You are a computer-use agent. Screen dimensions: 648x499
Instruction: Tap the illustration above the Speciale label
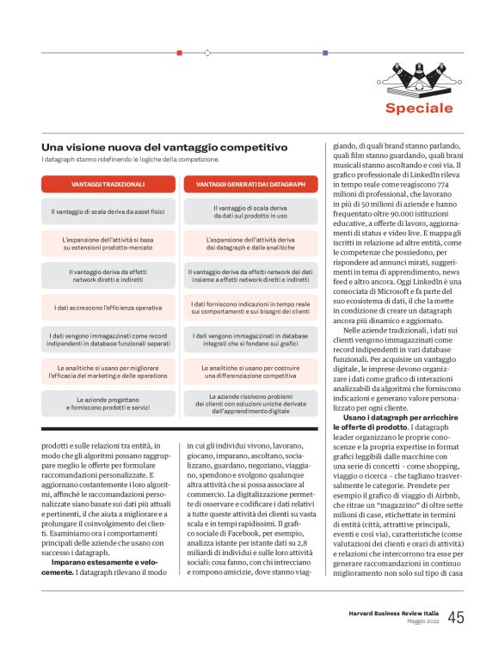tap(419, 79)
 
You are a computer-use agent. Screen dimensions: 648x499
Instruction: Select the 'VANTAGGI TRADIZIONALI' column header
tap(108, 184)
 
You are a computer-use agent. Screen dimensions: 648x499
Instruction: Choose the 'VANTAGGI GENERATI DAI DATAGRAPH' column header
tap(250, 184)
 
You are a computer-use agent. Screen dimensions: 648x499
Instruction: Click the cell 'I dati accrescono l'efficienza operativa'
tap(108, 307)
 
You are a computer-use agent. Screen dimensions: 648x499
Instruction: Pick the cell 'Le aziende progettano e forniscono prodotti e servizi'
tap(108, 402)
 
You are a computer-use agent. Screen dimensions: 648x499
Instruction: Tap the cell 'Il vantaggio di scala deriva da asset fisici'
tap(108, 211)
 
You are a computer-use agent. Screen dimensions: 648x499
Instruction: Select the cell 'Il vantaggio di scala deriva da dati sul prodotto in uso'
tap(250, 211)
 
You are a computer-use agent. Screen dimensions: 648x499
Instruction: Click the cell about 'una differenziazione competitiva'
tap(250, 370)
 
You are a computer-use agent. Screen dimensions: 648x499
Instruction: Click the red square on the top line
tap(179, 52)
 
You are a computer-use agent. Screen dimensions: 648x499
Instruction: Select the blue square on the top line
tap(324, 52)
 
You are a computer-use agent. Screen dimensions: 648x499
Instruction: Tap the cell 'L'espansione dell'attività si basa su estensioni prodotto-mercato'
tap(108, 243)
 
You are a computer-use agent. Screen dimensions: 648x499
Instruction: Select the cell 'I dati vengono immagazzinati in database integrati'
tap(250, 339)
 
